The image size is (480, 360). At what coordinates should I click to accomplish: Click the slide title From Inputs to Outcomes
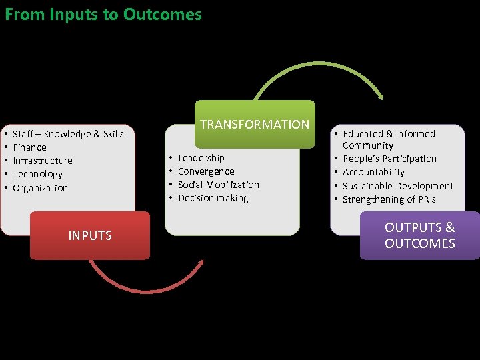coord(103,14)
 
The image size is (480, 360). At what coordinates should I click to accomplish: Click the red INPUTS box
coord(90,235)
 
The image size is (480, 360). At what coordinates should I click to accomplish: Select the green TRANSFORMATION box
coord(255,124)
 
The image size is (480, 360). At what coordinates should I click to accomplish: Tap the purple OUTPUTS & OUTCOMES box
coord(419,235)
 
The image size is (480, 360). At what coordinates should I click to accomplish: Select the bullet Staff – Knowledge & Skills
coord(68,134)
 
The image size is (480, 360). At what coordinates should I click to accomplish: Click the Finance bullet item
coord(30,147)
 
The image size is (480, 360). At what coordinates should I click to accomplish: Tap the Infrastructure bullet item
coord(43,161)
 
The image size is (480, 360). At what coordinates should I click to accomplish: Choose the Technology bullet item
coord(38,174)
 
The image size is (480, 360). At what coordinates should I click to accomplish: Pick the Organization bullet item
coord(41,188)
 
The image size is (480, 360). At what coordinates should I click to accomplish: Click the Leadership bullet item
coord(201,158)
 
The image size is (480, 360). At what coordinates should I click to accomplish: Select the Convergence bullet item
coord(206,171)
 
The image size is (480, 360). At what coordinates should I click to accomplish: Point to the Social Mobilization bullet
coord(219,185)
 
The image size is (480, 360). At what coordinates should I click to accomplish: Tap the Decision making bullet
coord(213,198)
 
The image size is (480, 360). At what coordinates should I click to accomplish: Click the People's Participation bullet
coord(389,159)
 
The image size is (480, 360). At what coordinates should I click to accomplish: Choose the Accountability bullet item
coord(373,172)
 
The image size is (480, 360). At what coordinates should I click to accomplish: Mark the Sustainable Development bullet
coord(397,186)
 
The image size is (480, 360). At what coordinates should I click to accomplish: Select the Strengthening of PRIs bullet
coord(388,199)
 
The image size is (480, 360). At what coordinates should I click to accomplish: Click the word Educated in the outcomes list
coord(363,134)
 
